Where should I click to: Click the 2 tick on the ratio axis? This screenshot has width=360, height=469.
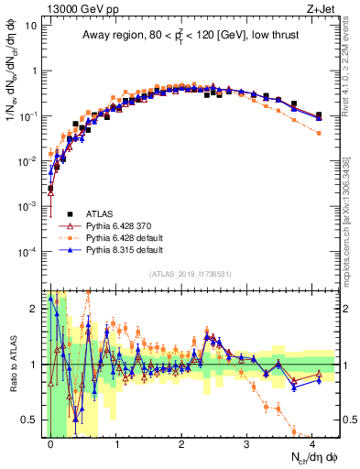[35, 309]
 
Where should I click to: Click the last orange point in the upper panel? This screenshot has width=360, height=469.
[319, 133]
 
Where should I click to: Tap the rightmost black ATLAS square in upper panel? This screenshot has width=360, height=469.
[319, 115]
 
